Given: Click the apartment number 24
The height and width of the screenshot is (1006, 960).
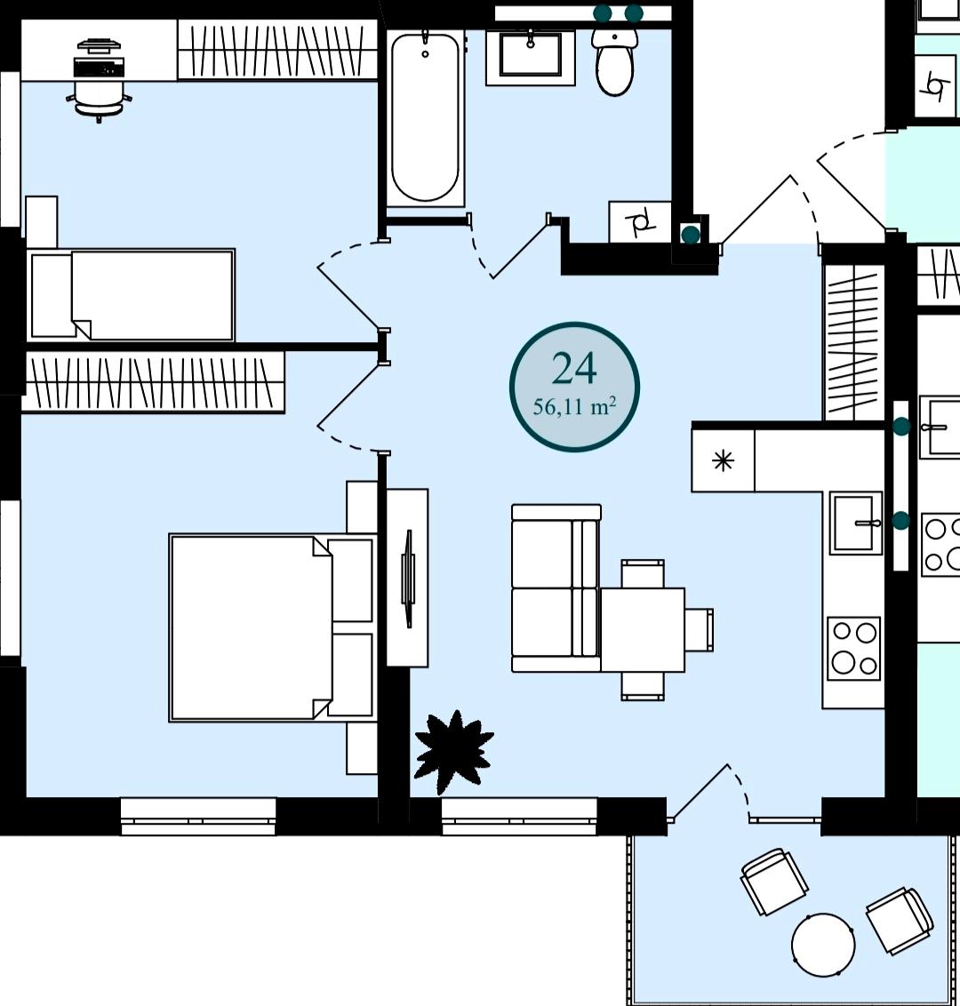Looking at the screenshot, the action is click(574, 368).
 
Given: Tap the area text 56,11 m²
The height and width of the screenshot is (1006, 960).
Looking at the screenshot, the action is click(575, 406).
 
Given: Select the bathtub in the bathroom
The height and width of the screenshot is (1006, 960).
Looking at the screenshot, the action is click(425, 117).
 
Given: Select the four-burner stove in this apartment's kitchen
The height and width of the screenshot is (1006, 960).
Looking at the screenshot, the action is click(854, 649).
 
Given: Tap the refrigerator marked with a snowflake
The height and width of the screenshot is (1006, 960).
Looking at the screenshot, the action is click(724, 460).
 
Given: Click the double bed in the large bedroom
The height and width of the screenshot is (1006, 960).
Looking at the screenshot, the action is click(271, 627).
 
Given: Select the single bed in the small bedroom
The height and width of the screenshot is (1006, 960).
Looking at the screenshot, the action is click(132, 294).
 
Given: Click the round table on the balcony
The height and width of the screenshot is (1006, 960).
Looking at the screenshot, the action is click(823, 945).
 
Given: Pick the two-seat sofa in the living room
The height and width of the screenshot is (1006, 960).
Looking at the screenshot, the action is click(556, 588).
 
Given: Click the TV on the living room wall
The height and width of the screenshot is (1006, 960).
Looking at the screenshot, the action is click(407, 578).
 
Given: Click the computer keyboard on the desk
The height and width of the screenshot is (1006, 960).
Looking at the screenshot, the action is click(99, 66).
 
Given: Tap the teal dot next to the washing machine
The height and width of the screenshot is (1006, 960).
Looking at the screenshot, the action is click(691, 235).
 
